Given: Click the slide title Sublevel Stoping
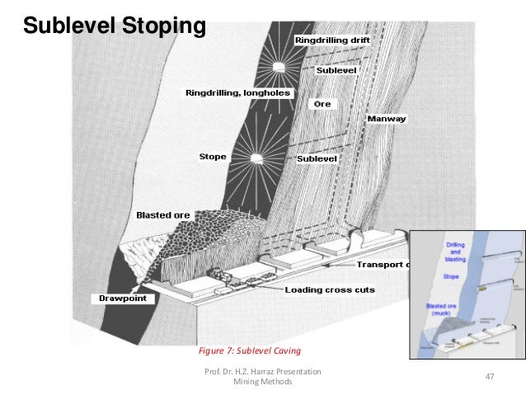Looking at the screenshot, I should point(114,26).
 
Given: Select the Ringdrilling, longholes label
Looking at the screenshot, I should point(237,93).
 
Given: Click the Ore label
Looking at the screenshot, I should point(322,104).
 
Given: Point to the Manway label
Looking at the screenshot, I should point(387,118).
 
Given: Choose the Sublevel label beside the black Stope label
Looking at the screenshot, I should point(317,157).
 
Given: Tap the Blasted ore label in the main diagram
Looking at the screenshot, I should point(163,214).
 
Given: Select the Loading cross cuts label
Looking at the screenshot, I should point(329,289).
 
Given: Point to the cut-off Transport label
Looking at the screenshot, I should point(382,264).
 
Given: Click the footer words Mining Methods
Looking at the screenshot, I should point(263,383).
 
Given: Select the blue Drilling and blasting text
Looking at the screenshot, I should point(455,252).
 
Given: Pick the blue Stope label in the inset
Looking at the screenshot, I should point(451,277).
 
